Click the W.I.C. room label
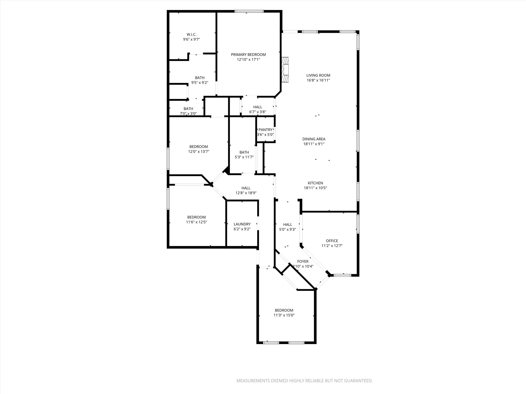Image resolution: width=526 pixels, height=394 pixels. [191, 34]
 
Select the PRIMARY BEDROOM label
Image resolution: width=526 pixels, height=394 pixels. [248, 54]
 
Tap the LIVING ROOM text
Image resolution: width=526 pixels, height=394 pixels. [318, 75]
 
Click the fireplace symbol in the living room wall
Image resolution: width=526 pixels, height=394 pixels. [285, 70]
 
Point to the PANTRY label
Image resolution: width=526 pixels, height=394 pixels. [265, 130]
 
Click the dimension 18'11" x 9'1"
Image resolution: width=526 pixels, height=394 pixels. [314, 144]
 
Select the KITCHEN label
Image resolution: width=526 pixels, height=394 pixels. [315, 183]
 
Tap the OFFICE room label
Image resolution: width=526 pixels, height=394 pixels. [332, 241]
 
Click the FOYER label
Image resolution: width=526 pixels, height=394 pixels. [303, 261]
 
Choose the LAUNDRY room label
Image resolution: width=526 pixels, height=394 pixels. [242, 224]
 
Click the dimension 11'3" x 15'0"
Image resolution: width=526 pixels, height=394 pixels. [284, 315]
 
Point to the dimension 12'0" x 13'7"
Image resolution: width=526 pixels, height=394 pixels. [199, 152]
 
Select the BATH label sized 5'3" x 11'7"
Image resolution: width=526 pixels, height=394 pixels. [244, 152]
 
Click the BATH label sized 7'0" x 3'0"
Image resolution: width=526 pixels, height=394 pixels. [188, 109]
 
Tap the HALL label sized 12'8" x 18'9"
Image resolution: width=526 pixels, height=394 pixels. [246, 188]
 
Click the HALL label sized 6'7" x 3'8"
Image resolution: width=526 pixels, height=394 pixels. [258, 107]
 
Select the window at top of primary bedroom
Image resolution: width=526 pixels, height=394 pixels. [249, 11]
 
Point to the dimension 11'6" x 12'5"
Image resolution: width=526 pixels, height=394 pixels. [196, 222]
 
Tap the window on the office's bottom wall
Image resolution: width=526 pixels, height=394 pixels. [343, 275]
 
